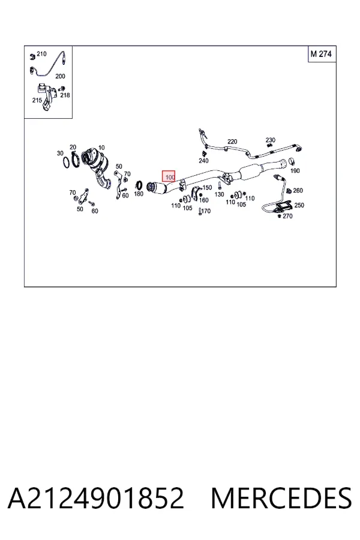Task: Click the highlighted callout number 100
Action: [169, 176]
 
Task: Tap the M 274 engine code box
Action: [322, 54]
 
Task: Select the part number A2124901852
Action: [96, 498]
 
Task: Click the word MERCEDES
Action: [281, 498]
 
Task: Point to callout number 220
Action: [232, 142]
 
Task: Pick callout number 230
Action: [271, 140]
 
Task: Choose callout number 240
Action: [203, 160]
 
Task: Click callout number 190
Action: [295, 170]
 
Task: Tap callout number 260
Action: [298, 190]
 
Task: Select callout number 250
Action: [299, 205]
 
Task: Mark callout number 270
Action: [287, 216]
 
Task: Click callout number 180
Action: [139, 194]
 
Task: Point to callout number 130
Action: [219, 194]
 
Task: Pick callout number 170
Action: [206, 211]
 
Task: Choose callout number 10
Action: [101, 148]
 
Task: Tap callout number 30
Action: [60, 153]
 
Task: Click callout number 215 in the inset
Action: [37, 100]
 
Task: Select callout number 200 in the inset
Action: [60, 76]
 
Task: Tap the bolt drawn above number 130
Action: [219, 186]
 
